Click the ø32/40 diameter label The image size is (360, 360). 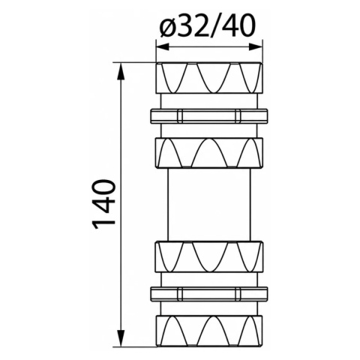[208, 25]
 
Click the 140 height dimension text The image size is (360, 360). [104, 204]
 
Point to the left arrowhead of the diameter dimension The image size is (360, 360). [163, 46]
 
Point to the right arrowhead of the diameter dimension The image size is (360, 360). [256, 46]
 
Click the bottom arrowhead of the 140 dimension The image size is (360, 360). [121, 337]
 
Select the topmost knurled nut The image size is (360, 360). [209, 78]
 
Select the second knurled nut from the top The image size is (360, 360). [209, 153]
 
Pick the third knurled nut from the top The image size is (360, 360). [209, 256]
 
